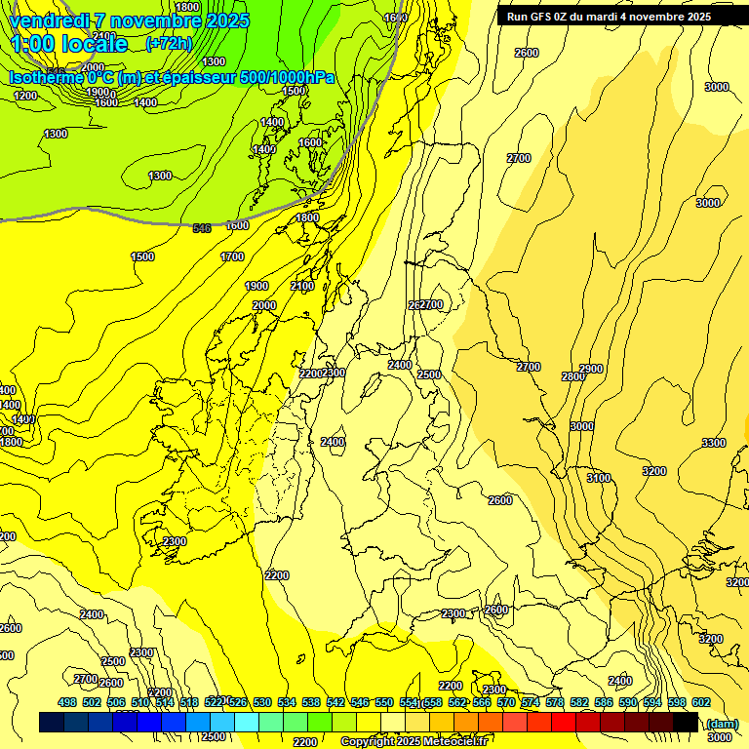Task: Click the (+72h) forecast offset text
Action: (169, 44)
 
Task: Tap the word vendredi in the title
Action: (49, 20)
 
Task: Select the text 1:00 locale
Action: (69, 44)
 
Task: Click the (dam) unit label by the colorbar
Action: (721, 723)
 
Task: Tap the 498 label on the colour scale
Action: (67, 702)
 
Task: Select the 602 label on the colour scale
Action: (701, 702)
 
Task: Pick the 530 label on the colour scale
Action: (262, 702)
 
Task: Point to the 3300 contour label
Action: (714, 443)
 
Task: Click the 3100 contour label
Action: (599, 478)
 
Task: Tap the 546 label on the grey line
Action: (202, 228)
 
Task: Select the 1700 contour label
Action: (232, 256)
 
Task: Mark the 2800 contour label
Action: (572, 376)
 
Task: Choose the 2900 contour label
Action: (591, 369)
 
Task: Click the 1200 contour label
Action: (26, 96)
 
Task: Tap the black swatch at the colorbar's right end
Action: (686, 723)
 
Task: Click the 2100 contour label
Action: (302, 286)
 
